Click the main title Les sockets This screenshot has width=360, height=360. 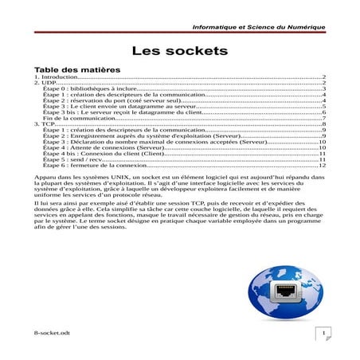(x=179, y=51)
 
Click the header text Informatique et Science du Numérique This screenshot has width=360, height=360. (x=259, y=28)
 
